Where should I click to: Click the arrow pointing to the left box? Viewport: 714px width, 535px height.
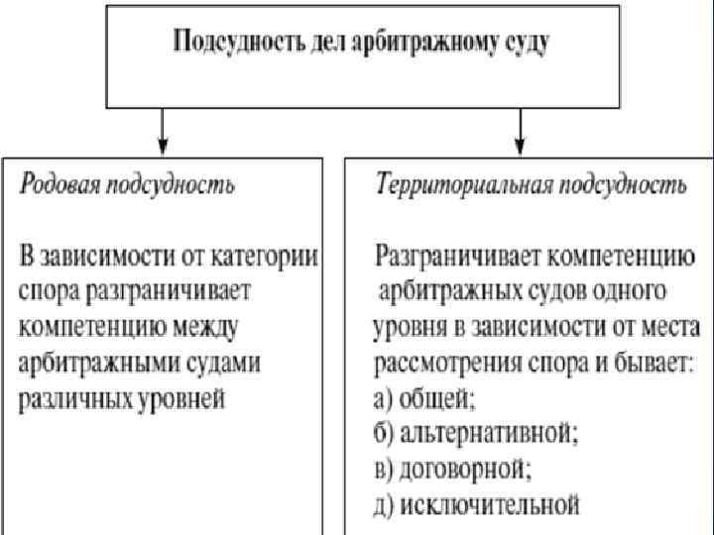click(162, 128)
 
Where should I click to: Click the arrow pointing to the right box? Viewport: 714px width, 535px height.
click(519, 128)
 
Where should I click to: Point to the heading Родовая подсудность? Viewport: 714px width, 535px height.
click(128, 185)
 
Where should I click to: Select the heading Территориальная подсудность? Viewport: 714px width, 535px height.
click(530, 185)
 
